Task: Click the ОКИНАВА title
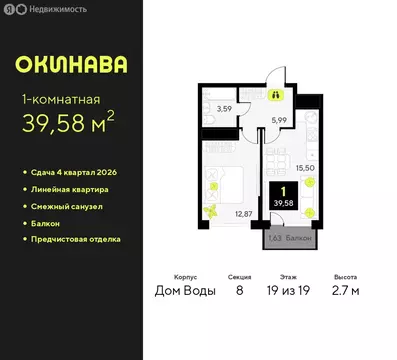(71, 65)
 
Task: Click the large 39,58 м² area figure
(75, 125)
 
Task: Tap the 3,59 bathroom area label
(225, 107)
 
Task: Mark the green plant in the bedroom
(211, 210)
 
